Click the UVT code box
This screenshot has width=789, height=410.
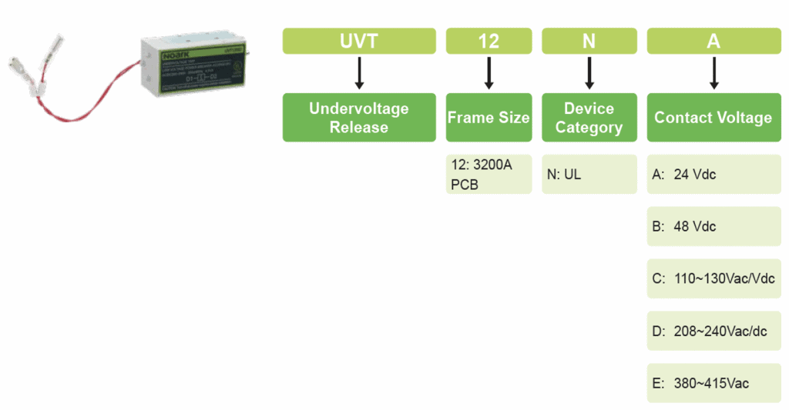coord(359,41)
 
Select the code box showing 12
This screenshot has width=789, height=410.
coord(489,41)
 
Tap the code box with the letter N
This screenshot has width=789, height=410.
coord(589,41)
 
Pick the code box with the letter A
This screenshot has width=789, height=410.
coord(713,41)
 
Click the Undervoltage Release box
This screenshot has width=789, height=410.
coord(359,118)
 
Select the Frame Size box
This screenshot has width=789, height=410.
coord(489,118)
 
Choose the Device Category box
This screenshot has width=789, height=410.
coord(589,118)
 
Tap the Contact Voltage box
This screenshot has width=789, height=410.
coord(713,118)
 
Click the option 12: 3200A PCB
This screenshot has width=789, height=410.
coord(489,175)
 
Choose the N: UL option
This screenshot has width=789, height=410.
coord(589,175)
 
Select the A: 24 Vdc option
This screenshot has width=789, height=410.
coord(713,175)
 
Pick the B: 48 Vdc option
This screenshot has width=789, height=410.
coord(713,227)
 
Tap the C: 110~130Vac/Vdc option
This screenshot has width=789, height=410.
coord(713,279)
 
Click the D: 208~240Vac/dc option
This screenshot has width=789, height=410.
coord(713,332)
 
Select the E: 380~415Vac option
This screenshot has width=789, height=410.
coord(713,383)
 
